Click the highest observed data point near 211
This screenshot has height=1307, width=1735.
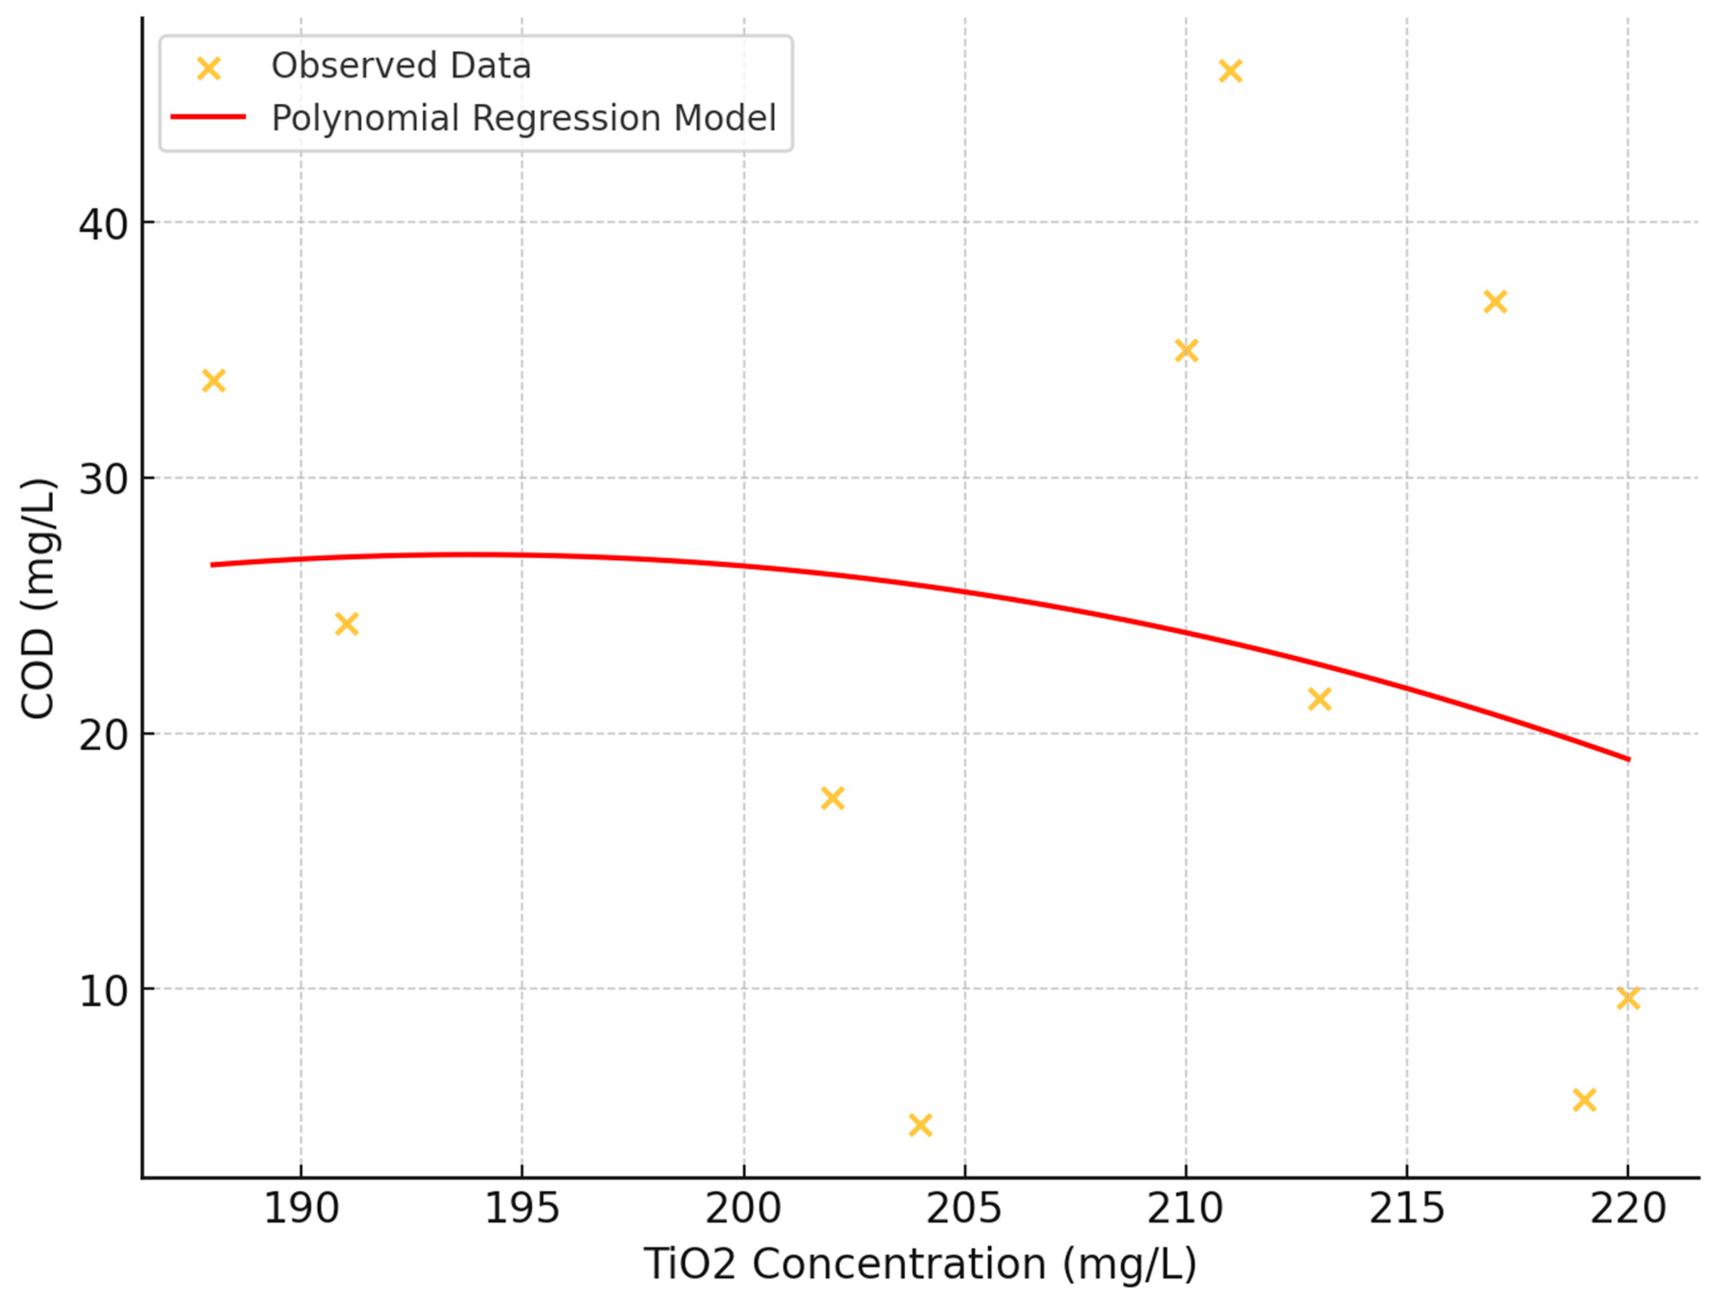pyautogui.click(x=1230, y=71)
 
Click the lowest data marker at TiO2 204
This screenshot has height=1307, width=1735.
pyautogui.click(x=920, y=1125)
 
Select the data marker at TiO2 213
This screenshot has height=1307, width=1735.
pyautogui.click(x=1319, y=698)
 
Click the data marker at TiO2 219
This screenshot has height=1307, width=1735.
pyautogui.click(x=1585, y=1100)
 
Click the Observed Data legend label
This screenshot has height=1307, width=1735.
pyautogui.click(x=401, y=66)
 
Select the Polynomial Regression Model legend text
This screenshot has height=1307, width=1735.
pyautogui.click(x=523, y=118)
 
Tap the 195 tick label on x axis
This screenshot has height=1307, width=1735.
pyautogui.click(x=522, y=1208)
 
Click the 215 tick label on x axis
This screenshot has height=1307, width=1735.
pyautogui.click(x=1406, y=1208)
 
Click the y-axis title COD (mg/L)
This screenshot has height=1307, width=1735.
pyautogui.click(x=38, y=598)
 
